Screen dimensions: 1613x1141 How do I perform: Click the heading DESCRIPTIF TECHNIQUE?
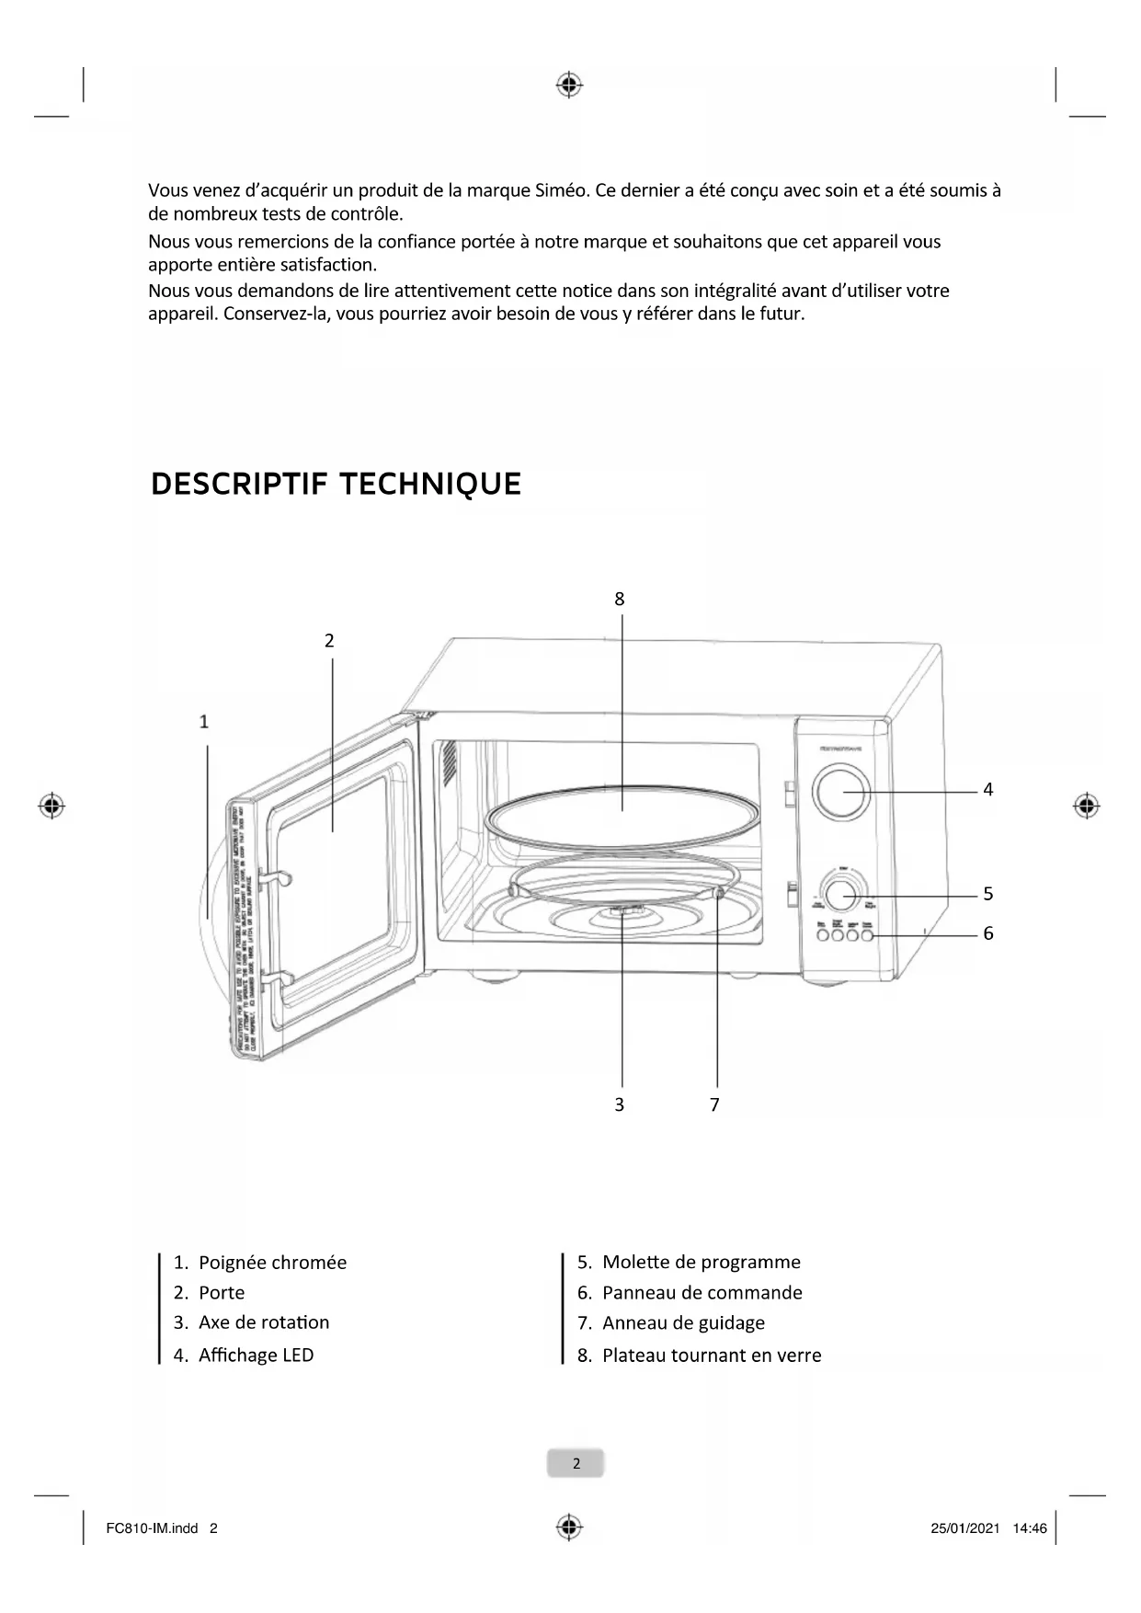tap(336, 484)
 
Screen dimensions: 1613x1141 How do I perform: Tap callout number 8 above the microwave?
tap(620, 599)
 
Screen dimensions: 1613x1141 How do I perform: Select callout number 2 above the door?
tap(329, 640)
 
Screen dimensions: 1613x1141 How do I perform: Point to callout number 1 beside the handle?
tap(204, 722)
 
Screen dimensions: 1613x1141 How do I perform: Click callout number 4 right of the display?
tap(987, 789)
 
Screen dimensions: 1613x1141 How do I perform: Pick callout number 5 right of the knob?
tap(987, 893)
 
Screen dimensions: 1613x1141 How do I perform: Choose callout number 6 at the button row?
tap(987, 932)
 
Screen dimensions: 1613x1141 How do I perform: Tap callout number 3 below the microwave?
tap(619, 1104)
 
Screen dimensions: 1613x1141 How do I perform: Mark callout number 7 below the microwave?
tap(714, 1104)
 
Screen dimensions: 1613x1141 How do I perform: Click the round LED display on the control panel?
tap(840, 792)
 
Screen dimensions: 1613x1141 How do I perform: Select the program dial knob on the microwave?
tap(839, 894)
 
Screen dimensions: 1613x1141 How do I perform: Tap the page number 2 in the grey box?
tap(576, 1463)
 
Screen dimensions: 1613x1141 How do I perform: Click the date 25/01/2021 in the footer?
tap(964, 1529)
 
